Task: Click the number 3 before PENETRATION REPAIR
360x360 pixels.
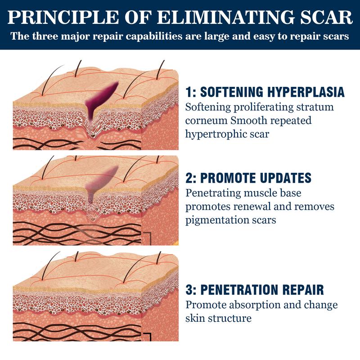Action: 189,289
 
